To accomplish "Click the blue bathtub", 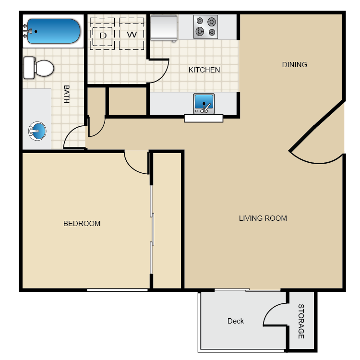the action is [54, 31].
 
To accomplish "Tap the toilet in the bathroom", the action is [39, 68].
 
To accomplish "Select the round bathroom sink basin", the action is [37, 131].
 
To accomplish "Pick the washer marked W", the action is [132, 34].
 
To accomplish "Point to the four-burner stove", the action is [206, 27].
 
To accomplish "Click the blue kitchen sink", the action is [204, 104].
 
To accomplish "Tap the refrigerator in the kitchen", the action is [164, 28].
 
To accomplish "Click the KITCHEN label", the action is [204, 70].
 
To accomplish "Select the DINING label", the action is [295, 64].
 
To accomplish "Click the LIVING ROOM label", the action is [263, 218].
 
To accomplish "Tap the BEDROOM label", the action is [82, 223].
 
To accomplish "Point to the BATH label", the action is [67, 94].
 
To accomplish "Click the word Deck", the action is [236, 321].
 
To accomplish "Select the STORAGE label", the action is [301, 322].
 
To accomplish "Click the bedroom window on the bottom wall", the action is [117, 290].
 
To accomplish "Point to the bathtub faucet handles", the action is [25, 31].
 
